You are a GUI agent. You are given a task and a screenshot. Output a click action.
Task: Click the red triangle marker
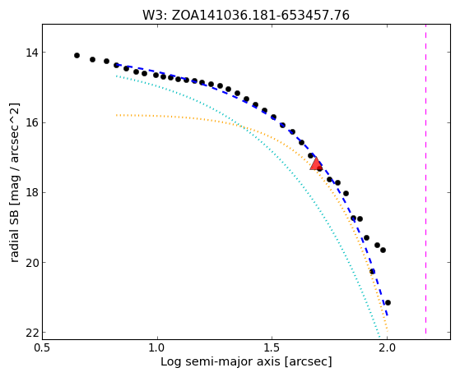pyautogui.click(x=316, y=164)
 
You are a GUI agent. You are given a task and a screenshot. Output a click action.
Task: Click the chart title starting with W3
pyautogui.click(x=246, y=15)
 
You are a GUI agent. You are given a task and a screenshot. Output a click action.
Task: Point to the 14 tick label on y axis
pyautogui.click(x=32, y=53)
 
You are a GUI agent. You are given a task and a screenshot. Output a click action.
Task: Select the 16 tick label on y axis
pyautogui.click(x=32, y=122)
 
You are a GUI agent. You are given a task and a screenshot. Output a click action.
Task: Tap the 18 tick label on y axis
pyautogui.click(x=32, y=193)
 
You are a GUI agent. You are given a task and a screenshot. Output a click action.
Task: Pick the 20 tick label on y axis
pyautogui.click(x=32, y=263)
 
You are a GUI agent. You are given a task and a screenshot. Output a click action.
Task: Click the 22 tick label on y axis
pyautogui.click(x=32, y=333)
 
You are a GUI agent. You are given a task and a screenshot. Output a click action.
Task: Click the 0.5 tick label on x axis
pyautogui.click(x=43, y=347)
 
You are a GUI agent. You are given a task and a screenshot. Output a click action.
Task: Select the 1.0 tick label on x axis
pyautogui.click(x=157, y=347)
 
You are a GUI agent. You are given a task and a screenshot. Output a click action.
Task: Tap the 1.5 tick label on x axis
pyautogui.click(x=272, y=347)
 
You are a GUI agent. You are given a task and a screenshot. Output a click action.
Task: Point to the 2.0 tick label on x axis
pyautogui.click(x=388, y=347)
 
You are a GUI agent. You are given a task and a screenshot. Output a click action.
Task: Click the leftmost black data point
pyautogui.click(x=77, y=55)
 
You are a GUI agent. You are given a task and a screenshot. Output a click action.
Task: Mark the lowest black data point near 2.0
pyautogui.click(x=388, y=302)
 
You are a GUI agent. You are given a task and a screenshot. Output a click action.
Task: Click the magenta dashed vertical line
pyautogui.click(x=425, y=179)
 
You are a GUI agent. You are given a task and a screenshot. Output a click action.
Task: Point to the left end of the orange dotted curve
pyautogui.click(x=117, y=115)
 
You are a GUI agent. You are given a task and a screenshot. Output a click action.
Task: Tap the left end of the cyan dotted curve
pyautogui.click(x=117, y=76)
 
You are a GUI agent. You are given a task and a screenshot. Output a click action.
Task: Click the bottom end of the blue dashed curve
pyautogui.click(x=388, y=315)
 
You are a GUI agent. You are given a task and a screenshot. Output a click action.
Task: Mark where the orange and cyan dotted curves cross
pyautogui.click(x=242, y=126)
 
